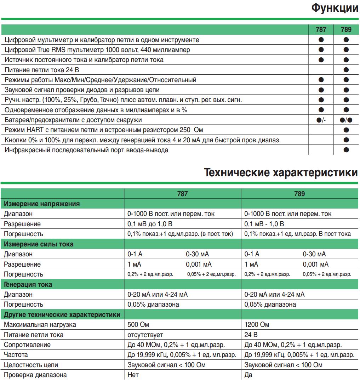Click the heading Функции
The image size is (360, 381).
point(335,8)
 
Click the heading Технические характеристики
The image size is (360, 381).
point(281,173)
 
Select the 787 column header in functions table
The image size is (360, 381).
point(321,30)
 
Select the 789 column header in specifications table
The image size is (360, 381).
point(299,194)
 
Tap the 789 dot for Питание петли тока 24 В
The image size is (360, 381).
point(346,70)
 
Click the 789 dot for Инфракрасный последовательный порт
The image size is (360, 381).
point(346,150)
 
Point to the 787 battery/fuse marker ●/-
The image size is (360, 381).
point(321,120)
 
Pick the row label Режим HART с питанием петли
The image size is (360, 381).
point(104,130)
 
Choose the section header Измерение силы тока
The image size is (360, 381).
point(39,244)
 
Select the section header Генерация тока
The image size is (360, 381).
point(28,284)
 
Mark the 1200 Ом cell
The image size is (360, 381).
point(257,325)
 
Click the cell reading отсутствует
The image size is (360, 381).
point(145,335)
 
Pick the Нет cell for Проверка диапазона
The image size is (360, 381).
point(133,375)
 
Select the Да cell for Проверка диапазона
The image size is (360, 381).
point(248,375)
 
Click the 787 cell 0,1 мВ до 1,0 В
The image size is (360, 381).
point(150,224)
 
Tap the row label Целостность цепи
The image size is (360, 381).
point(31,365)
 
